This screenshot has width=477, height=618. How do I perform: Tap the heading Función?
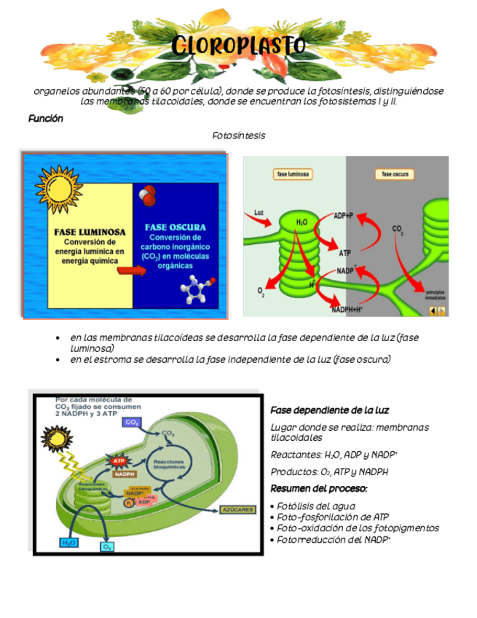point(46,118)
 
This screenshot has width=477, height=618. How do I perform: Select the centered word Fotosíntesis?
point(238,136)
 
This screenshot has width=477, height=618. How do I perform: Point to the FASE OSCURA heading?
point(175,227)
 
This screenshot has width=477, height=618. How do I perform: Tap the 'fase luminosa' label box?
point(293,174)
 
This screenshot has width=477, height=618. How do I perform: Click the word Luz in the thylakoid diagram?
point(259,213)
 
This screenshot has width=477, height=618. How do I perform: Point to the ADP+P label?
point(344,216)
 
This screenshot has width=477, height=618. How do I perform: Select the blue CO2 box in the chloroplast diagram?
point(132,422)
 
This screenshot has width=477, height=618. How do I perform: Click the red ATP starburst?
point(119,461)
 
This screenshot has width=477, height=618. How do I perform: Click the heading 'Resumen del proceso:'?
point(318,488)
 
